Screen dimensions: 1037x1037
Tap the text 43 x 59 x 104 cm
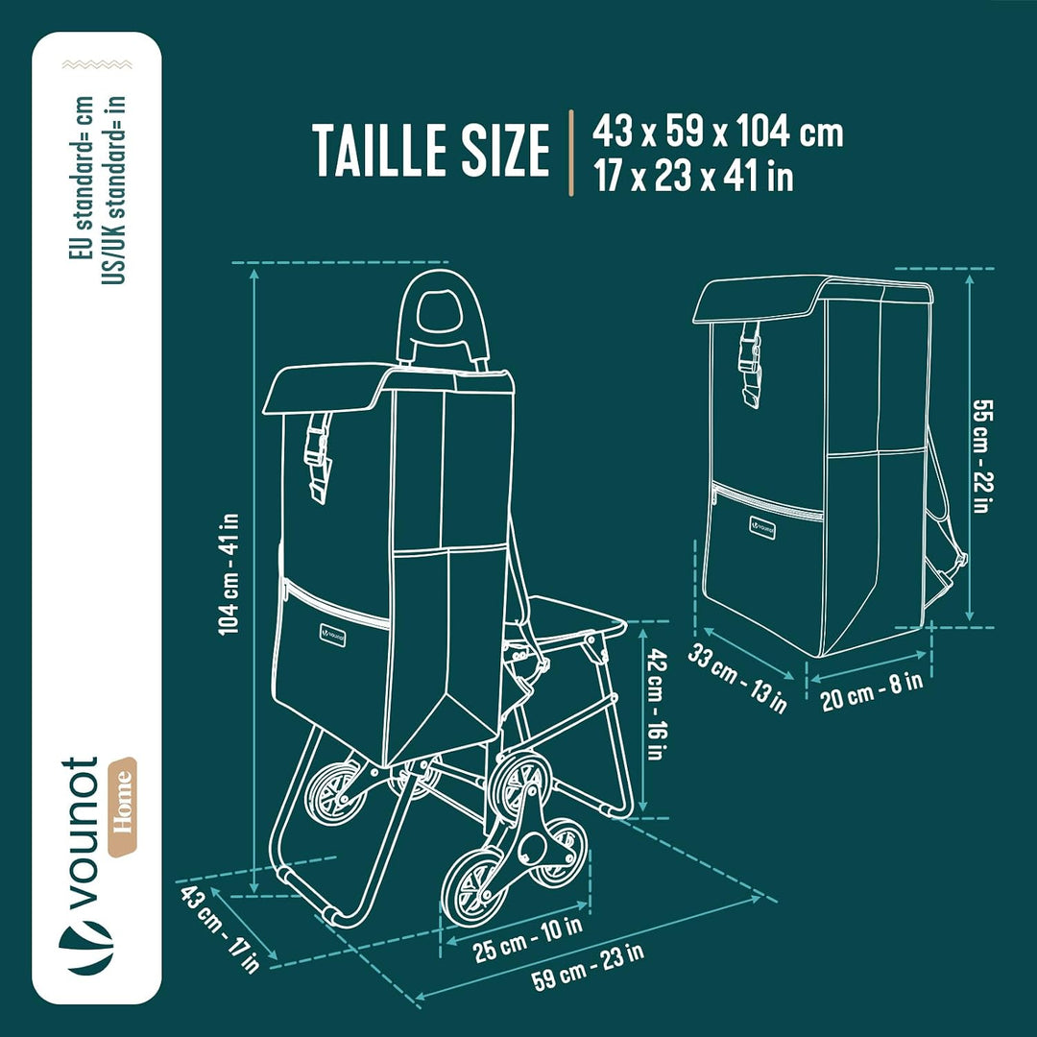pyautogui.click(x=717, y=131)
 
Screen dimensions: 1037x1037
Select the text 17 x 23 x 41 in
pyautogui.click(x=692, y=176)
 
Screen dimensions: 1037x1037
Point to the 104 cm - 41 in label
pyautogui.click(x=229, y=574)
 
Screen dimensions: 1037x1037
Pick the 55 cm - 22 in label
pyautogui.click(x=982, y=456)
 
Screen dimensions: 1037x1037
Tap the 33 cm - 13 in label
pyautogui.click(x=737, y=679)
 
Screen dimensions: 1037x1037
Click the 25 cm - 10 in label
pyautogui.click(x=528, y=939)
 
